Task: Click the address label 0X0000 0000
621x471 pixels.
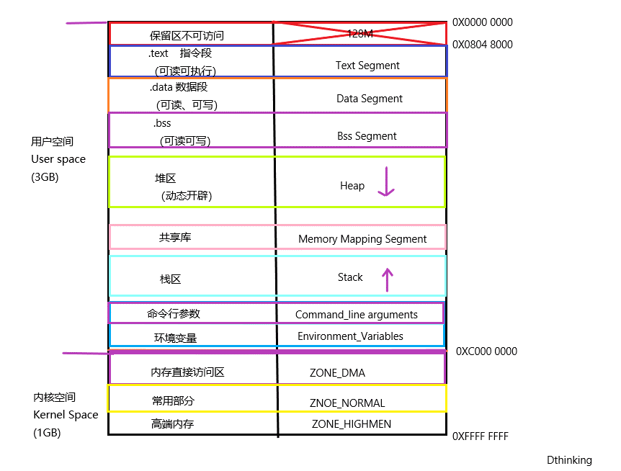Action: pos(482,22)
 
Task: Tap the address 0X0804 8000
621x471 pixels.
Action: pos(482,45)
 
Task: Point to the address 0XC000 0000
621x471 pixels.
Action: pos(486,351)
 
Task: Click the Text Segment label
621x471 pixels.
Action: pos(367,66)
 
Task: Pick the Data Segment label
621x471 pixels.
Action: pos(370,99)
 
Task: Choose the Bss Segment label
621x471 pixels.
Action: pos(367,136)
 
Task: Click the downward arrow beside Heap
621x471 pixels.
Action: pos(387,182)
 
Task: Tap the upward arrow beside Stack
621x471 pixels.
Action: pos(388,279)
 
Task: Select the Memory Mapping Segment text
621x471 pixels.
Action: pos(362,239)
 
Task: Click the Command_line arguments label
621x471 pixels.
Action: pos(357,315)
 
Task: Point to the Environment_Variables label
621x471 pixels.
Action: pos(350,336)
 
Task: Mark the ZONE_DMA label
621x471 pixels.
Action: pos(337,373)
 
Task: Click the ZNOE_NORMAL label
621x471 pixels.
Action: pos(347,403)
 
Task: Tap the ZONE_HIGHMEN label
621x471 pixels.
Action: pos(352,424)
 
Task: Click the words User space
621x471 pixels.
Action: pos(58,159)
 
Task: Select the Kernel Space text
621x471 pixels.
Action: pos(66,415)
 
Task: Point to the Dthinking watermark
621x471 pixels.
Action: pos(569,460)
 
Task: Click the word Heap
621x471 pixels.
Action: pos(352,186)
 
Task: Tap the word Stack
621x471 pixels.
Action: pos(350,277)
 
